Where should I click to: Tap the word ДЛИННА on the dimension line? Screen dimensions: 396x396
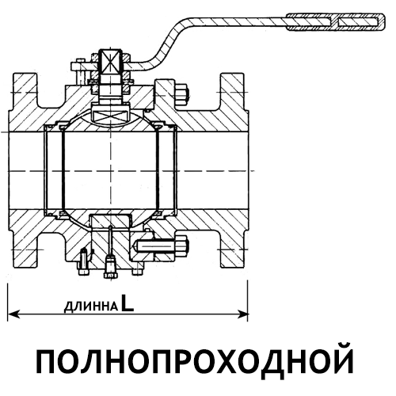click(91, 307)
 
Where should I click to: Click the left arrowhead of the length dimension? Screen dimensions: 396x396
click(13, 314)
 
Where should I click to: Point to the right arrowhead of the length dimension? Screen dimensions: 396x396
click(242, 314)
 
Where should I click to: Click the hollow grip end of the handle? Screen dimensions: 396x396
click(336, 22)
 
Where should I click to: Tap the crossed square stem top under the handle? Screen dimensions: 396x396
click(110, 62)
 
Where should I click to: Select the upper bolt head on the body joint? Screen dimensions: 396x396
click(181, 94)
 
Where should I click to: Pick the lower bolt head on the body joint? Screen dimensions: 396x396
click(182, 246)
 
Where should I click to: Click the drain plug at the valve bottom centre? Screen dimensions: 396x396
click(111, 267)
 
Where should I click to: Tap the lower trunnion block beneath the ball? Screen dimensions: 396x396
click(111, 221)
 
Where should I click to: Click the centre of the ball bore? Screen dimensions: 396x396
click(111, 171)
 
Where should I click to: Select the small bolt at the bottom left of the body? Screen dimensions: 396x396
click(83, 262)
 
